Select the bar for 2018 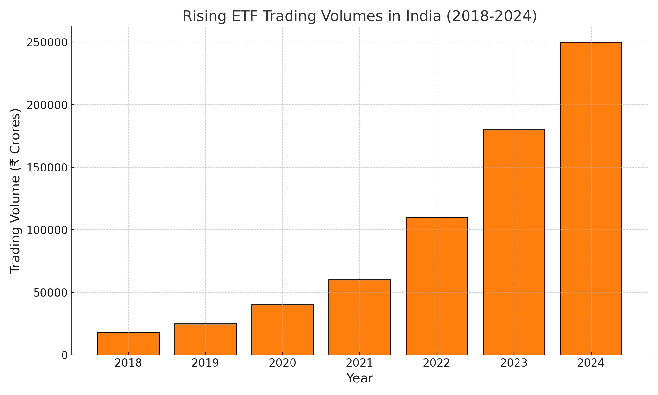[128, 344]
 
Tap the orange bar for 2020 [283, 330]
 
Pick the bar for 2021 [360, 317]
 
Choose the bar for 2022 [437, 286]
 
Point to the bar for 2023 [514, 242]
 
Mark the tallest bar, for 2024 [591, 198]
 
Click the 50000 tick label [50, 293]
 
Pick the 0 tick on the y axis [64, 355]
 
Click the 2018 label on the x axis [128, 363]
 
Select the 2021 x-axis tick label [360, 363]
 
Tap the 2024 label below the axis [591, 363]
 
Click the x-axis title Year [360, 379]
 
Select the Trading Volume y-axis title [15, 191]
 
